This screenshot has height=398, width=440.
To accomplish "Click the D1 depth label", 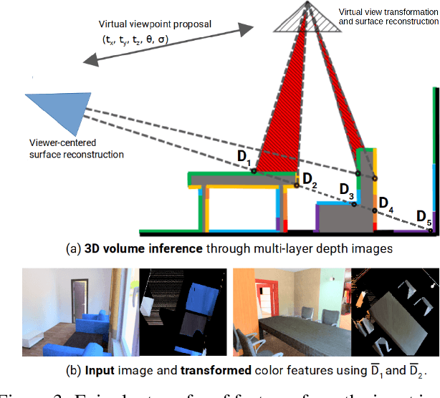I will click(244, 157).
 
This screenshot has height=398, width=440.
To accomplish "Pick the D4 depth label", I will click(386, 203).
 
